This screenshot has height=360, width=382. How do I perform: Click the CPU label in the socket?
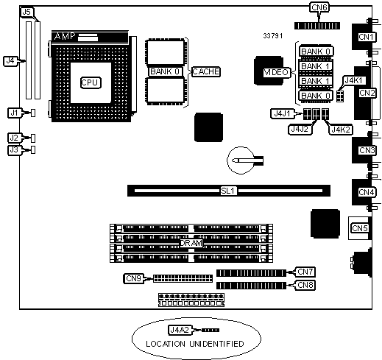coord(91,82)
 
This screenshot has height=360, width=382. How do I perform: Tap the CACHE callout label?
coord(205,71)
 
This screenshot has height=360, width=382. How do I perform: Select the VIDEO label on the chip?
coord(276,72)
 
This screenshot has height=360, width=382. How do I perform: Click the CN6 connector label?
coord(319,7)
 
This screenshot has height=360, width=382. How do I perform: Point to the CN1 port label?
coord(366,37)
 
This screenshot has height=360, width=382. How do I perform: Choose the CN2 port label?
coord(367,93)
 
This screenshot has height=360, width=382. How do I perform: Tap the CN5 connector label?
coord(360,228)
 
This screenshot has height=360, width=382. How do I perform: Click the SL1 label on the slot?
coord(228,191)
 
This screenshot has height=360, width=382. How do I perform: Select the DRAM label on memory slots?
coord(191,243)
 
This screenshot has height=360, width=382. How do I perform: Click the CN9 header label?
coord(133,278)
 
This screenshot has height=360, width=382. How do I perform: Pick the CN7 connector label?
coord(305,272)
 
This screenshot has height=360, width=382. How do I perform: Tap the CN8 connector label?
coord(305,285)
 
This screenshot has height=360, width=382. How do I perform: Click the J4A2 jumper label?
coord(180,330)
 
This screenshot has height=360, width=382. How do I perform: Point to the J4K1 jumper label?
coord(355,80)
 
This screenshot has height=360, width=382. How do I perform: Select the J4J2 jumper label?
coord(300,130)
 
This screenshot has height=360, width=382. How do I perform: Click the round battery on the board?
coord(241,160)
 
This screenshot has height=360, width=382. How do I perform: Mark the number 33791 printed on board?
coord(273,36)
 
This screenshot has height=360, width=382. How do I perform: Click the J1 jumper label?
coord(15,113)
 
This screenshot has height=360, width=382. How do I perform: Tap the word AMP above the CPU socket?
coord(65,36)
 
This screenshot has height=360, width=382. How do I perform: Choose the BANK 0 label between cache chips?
coord(165,71)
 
